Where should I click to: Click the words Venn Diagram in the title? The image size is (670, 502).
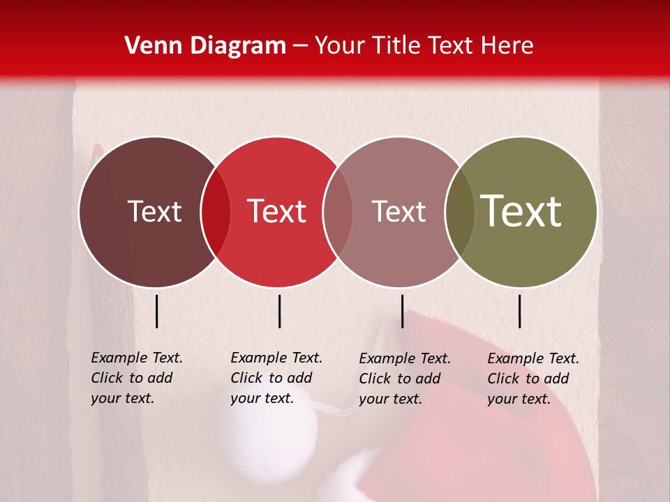pos(205,46)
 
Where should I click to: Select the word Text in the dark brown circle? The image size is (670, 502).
pos(154,211)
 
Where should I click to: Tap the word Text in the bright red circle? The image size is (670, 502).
pos(276,211)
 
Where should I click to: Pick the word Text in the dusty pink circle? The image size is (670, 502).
pos(399,211)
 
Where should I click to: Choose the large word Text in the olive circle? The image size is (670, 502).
pos(521,211)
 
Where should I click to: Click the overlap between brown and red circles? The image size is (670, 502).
pos(216,212)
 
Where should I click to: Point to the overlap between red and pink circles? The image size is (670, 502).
pos(338,212)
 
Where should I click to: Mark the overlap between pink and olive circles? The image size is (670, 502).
pos(460,212)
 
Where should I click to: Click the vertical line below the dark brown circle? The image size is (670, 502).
pos(157,311)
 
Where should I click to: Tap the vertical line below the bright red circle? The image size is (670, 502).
pos(279,311)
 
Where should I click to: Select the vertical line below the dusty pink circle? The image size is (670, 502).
pos(402,311)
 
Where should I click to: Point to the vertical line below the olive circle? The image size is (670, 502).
pos(520,311)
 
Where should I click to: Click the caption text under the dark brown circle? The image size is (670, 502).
pos(136,378)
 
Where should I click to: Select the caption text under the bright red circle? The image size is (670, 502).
pos(276,378)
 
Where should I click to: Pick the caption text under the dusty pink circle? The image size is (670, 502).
pos(404,379)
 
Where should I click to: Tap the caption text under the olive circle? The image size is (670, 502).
pos(533,379)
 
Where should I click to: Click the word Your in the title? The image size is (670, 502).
pos(341,46)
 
